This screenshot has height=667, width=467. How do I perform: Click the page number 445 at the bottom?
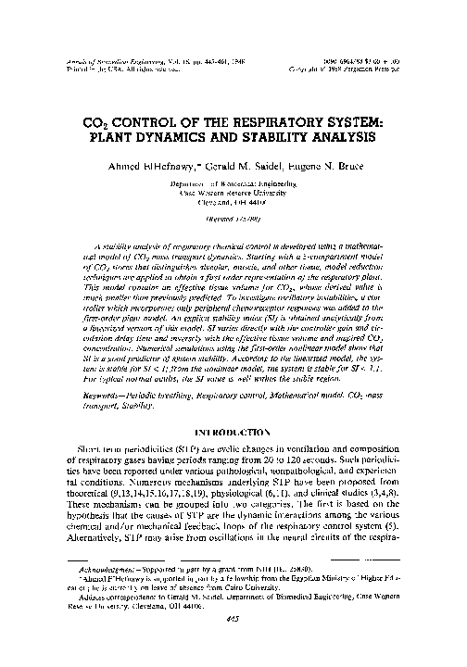(233, 648)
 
